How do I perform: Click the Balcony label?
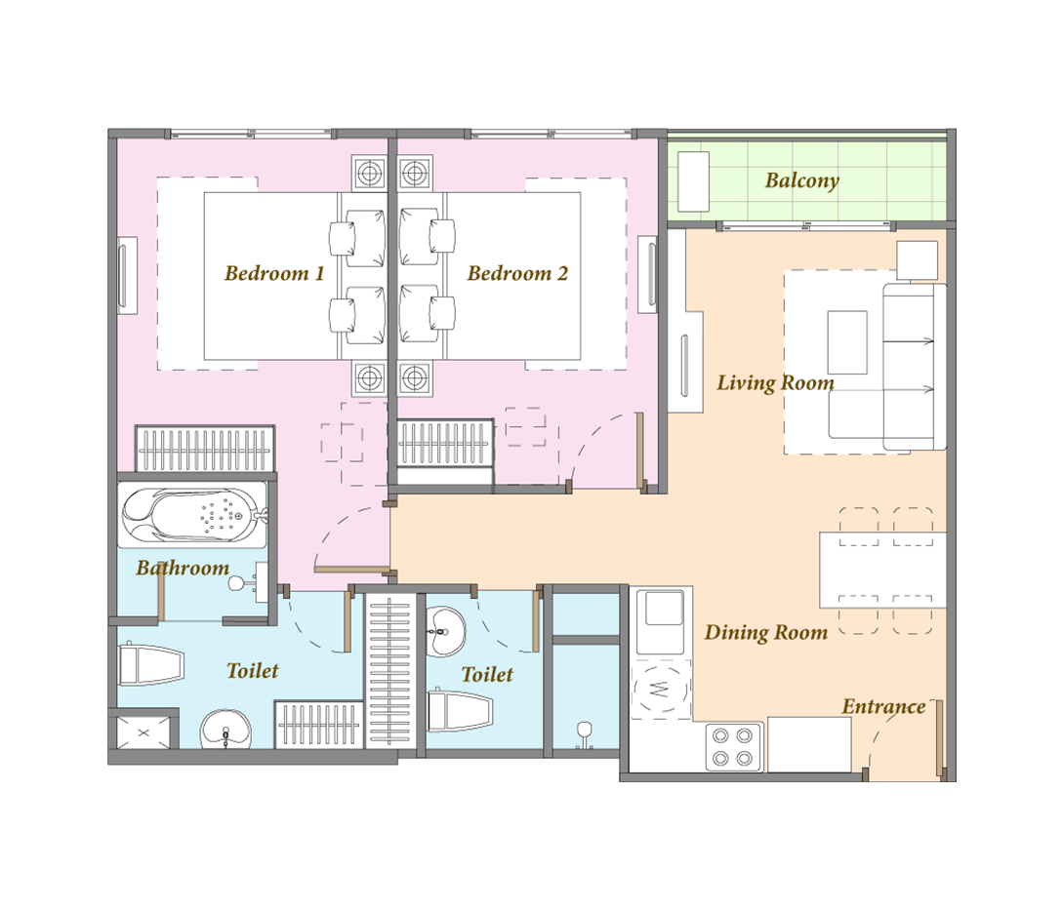tap(802, 180)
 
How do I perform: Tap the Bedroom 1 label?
tap(274, 273)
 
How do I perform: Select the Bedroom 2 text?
tap(517, 273)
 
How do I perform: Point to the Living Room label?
tap(776, 383)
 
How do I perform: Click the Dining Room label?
tap(766, 632)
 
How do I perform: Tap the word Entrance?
tap(883, 707)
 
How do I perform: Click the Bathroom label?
tap(183, 567)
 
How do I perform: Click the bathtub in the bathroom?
tap(193, 515)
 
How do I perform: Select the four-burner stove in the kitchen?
tap(733, 747)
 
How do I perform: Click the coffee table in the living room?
tap(847, 342)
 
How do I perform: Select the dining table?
tap(882, 570)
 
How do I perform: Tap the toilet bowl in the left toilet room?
tap(151, 665)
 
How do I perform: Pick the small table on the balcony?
tap(693, 180)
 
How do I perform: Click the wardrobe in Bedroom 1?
tap(205, 449)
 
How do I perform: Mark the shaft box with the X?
tap(143, 732)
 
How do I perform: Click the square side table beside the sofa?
tap(918, 260)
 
